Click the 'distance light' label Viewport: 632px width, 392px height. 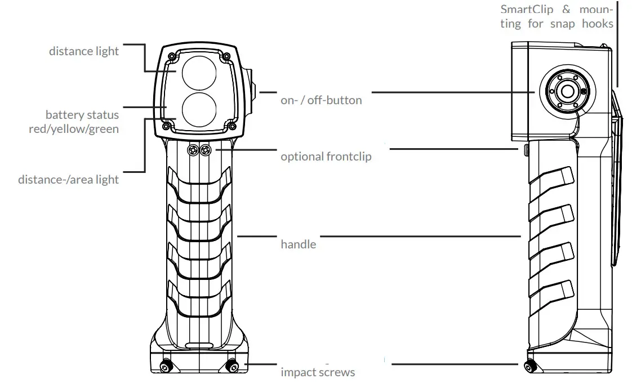coord(84,51)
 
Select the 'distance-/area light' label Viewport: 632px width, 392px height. coord(68,180)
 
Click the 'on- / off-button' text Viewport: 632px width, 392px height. coord(321,101)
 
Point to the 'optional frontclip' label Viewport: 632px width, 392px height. coord(326,157)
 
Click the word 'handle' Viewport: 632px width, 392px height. coord(298,244)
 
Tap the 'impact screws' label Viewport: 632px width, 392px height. coord(318,372)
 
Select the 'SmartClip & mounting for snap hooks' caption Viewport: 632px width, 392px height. coord(557,16)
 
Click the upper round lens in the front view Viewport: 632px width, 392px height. coord(198,72)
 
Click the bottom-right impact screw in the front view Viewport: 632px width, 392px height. coord(231,366)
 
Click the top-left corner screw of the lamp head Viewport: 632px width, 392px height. coord(171,56)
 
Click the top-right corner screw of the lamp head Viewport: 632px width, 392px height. coord(226,56)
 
